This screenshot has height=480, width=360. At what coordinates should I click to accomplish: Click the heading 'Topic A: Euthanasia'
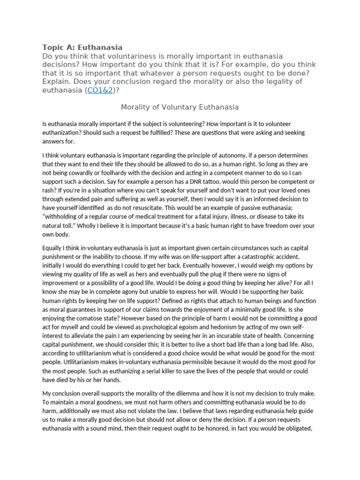point(82,47)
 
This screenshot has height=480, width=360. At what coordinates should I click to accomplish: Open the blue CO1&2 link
point(97,90)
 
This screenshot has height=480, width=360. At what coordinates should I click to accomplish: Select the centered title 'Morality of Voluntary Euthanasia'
point(180,107)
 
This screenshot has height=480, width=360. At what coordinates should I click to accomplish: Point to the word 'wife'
point(179,256)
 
